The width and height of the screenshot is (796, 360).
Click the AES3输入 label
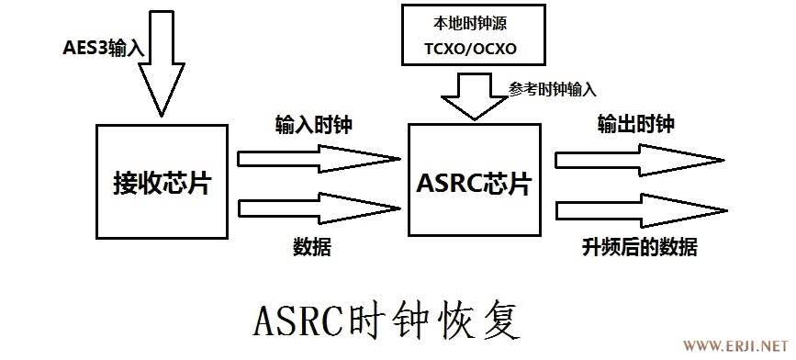click(x=104, y=49)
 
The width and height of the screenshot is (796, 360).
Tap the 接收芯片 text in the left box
click(x=162, y=184)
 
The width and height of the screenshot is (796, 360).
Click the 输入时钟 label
click(x=313, y=124)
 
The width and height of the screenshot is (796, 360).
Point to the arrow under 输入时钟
click(x=319, y=159)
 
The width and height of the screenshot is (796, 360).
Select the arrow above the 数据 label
click(x=319, y=208)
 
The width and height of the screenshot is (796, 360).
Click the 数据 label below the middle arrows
click(x=312, y=247)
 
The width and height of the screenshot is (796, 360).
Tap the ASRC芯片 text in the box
click(x=473, y=184)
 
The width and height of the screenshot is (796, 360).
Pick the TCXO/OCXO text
click(x=470, y=49)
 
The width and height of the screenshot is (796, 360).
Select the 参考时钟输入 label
click(x=553, y=90)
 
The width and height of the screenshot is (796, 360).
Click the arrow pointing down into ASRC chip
click(x=475, y=96)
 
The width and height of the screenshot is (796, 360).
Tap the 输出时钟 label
click(x=636, y=124)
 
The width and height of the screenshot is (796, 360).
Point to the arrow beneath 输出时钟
click(x=639, y=161)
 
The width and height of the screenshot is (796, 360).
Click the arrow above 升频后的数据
click(x=641, y=210)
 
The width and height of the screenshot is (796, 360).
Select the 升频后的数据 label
click(x=640, y=247)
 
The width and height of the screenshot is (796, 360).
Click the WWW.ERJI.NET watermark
click(x=737, y=346)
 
